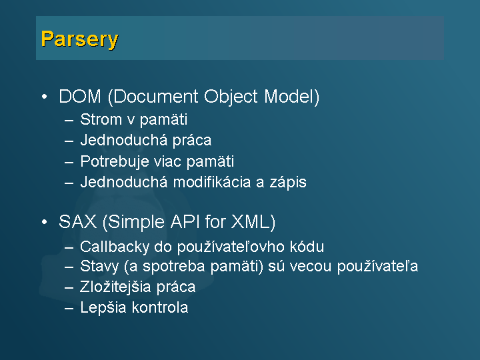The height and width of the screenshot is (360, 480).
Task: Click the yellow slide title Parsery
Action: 79,39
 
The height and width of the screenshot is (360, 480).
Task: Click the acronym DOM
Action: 80,97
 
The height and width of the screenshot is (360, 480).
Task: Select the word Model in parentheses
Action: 289,97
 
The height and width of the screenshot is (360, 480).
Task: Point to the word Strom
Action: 101,119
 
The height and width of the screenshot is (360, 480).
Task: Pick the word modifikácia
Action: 212,182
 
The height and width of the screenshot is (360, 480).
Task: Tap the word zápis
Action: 288,183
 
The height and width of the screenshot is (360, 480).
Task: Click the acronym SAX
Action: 77,221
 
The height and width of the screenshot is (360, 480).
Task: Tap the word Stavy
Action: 99,266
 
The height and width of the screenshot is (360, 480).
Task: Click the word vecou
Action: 311,267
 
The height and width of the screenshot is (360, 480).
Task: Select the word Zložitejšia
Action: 115,287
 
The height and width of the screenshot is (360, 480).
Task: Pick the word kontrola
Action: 160,307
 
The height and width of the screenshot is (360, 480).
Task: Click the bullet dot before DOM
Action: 45,97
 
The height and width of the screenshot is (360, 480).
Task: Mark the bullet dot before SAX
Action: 45,222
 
